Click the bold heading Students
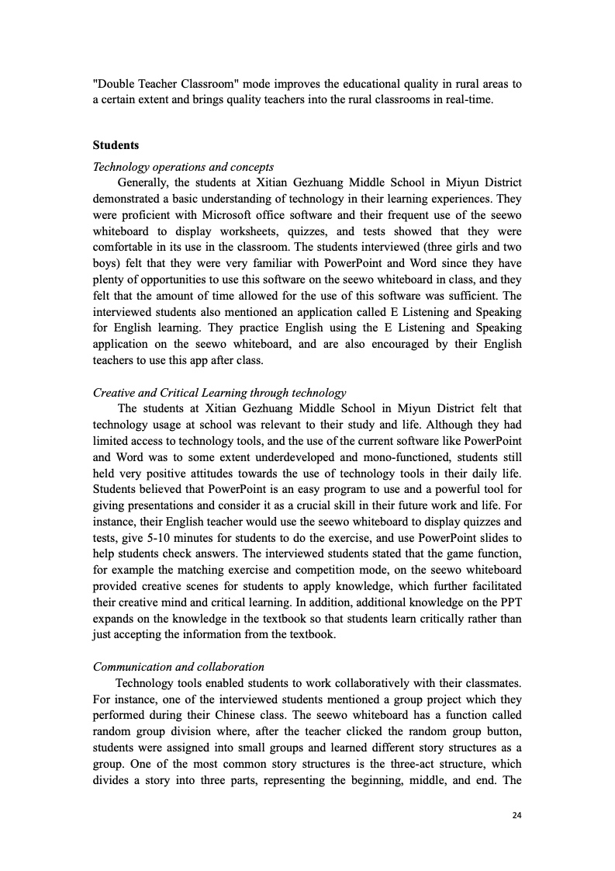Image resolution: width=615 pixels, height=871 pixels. (116, 145)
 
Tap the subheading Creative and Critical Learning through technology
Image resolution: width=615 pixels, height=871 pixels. (219, 393)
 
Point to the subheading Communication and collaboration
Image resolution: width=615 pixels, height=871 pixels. (178, 667)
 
